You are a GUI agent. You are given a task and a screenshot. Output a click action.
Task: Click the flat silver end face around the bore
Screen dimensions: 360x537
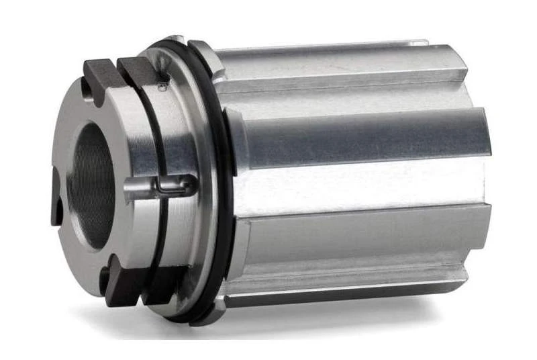67,134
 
